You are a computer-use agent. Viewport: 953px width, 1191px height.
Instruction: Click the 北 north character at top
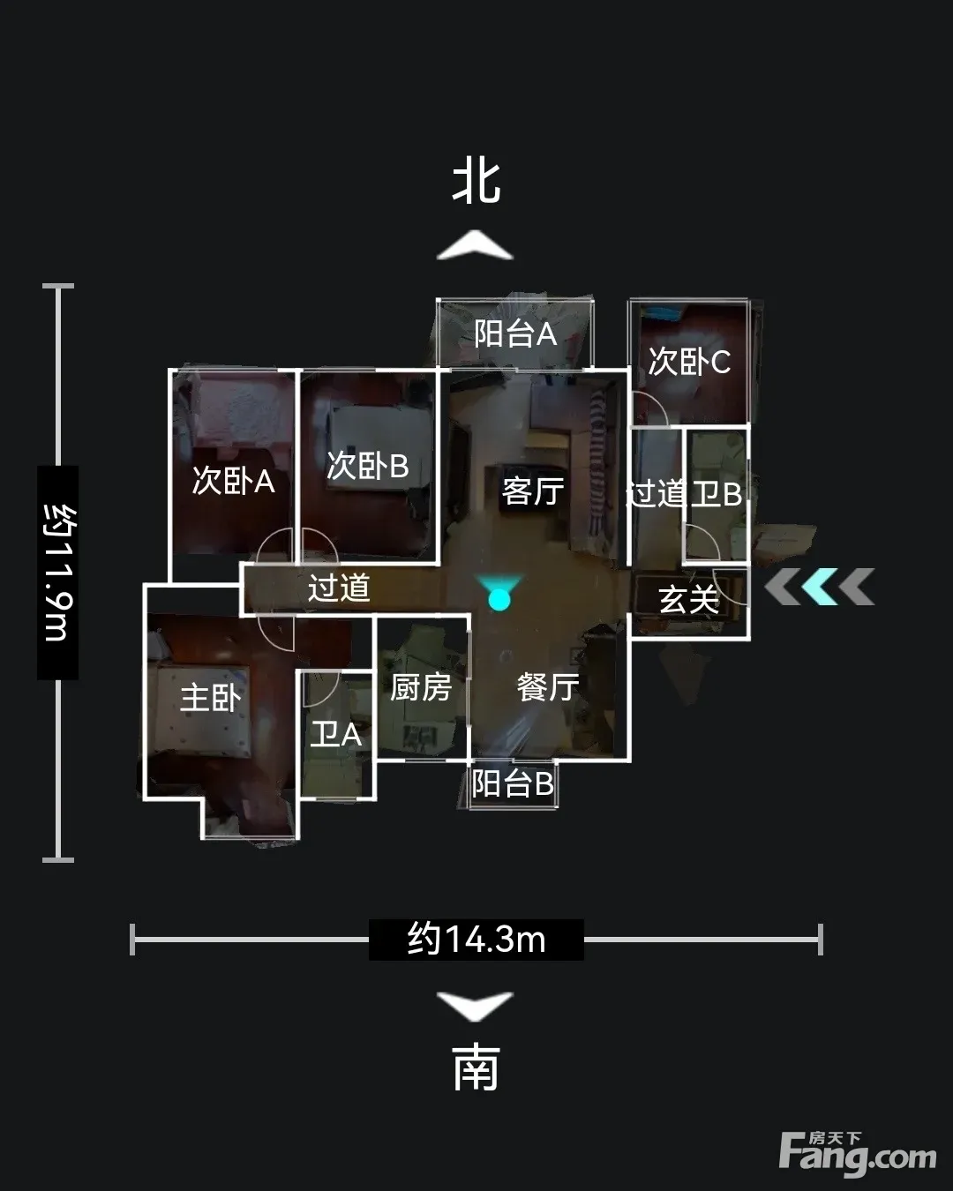[x=476, y=183]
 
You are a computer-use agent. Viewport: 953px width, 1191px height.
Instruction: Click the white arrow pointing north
[x=475, y=246]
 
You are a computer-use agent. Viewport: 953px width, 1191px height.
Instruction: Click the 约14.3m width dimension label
[x=476, y=940]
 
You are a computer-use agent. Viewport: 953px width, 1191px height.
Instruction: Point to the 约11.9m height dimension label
[x=57, y=573]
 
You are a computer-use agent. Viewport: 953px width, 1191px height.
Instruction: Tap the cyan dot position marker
[x=499, y=598]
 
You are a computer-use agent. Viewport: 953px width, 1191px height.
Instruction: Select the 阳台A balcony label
[x=515, y=333]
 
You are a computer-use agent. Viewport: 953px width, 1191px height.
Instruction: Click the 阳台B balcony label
[x=513, y=783]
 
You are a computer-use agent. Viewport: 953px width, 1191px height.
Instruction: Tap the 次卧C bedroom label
[x=689, y=362]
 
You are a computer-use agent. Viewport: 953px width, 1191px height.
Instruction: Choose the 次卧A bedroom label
[x=233, y=481]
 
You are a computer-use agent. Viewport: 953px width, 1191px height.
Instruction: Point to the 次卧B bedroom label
[x=367, y=466]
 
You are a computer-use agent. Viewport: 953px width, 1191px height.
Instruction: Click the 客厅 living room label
[x=533, y=491]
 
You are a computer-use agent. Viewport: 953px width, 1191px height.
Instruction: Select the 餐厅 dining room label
[x=548, y=687]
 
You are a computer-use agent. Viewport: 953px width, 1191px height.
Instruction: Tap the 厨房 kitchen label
[x=421, y=687]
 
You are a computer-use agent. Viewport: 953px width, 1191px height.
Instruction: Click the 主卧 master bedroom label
[x=210, y=698]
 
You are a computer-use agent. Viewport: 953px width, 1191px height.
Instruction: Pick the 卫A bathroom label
[x=335, y=734]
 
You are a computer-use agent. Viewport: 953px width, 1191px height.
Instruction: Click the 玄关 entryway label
[x=689, y=599]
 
